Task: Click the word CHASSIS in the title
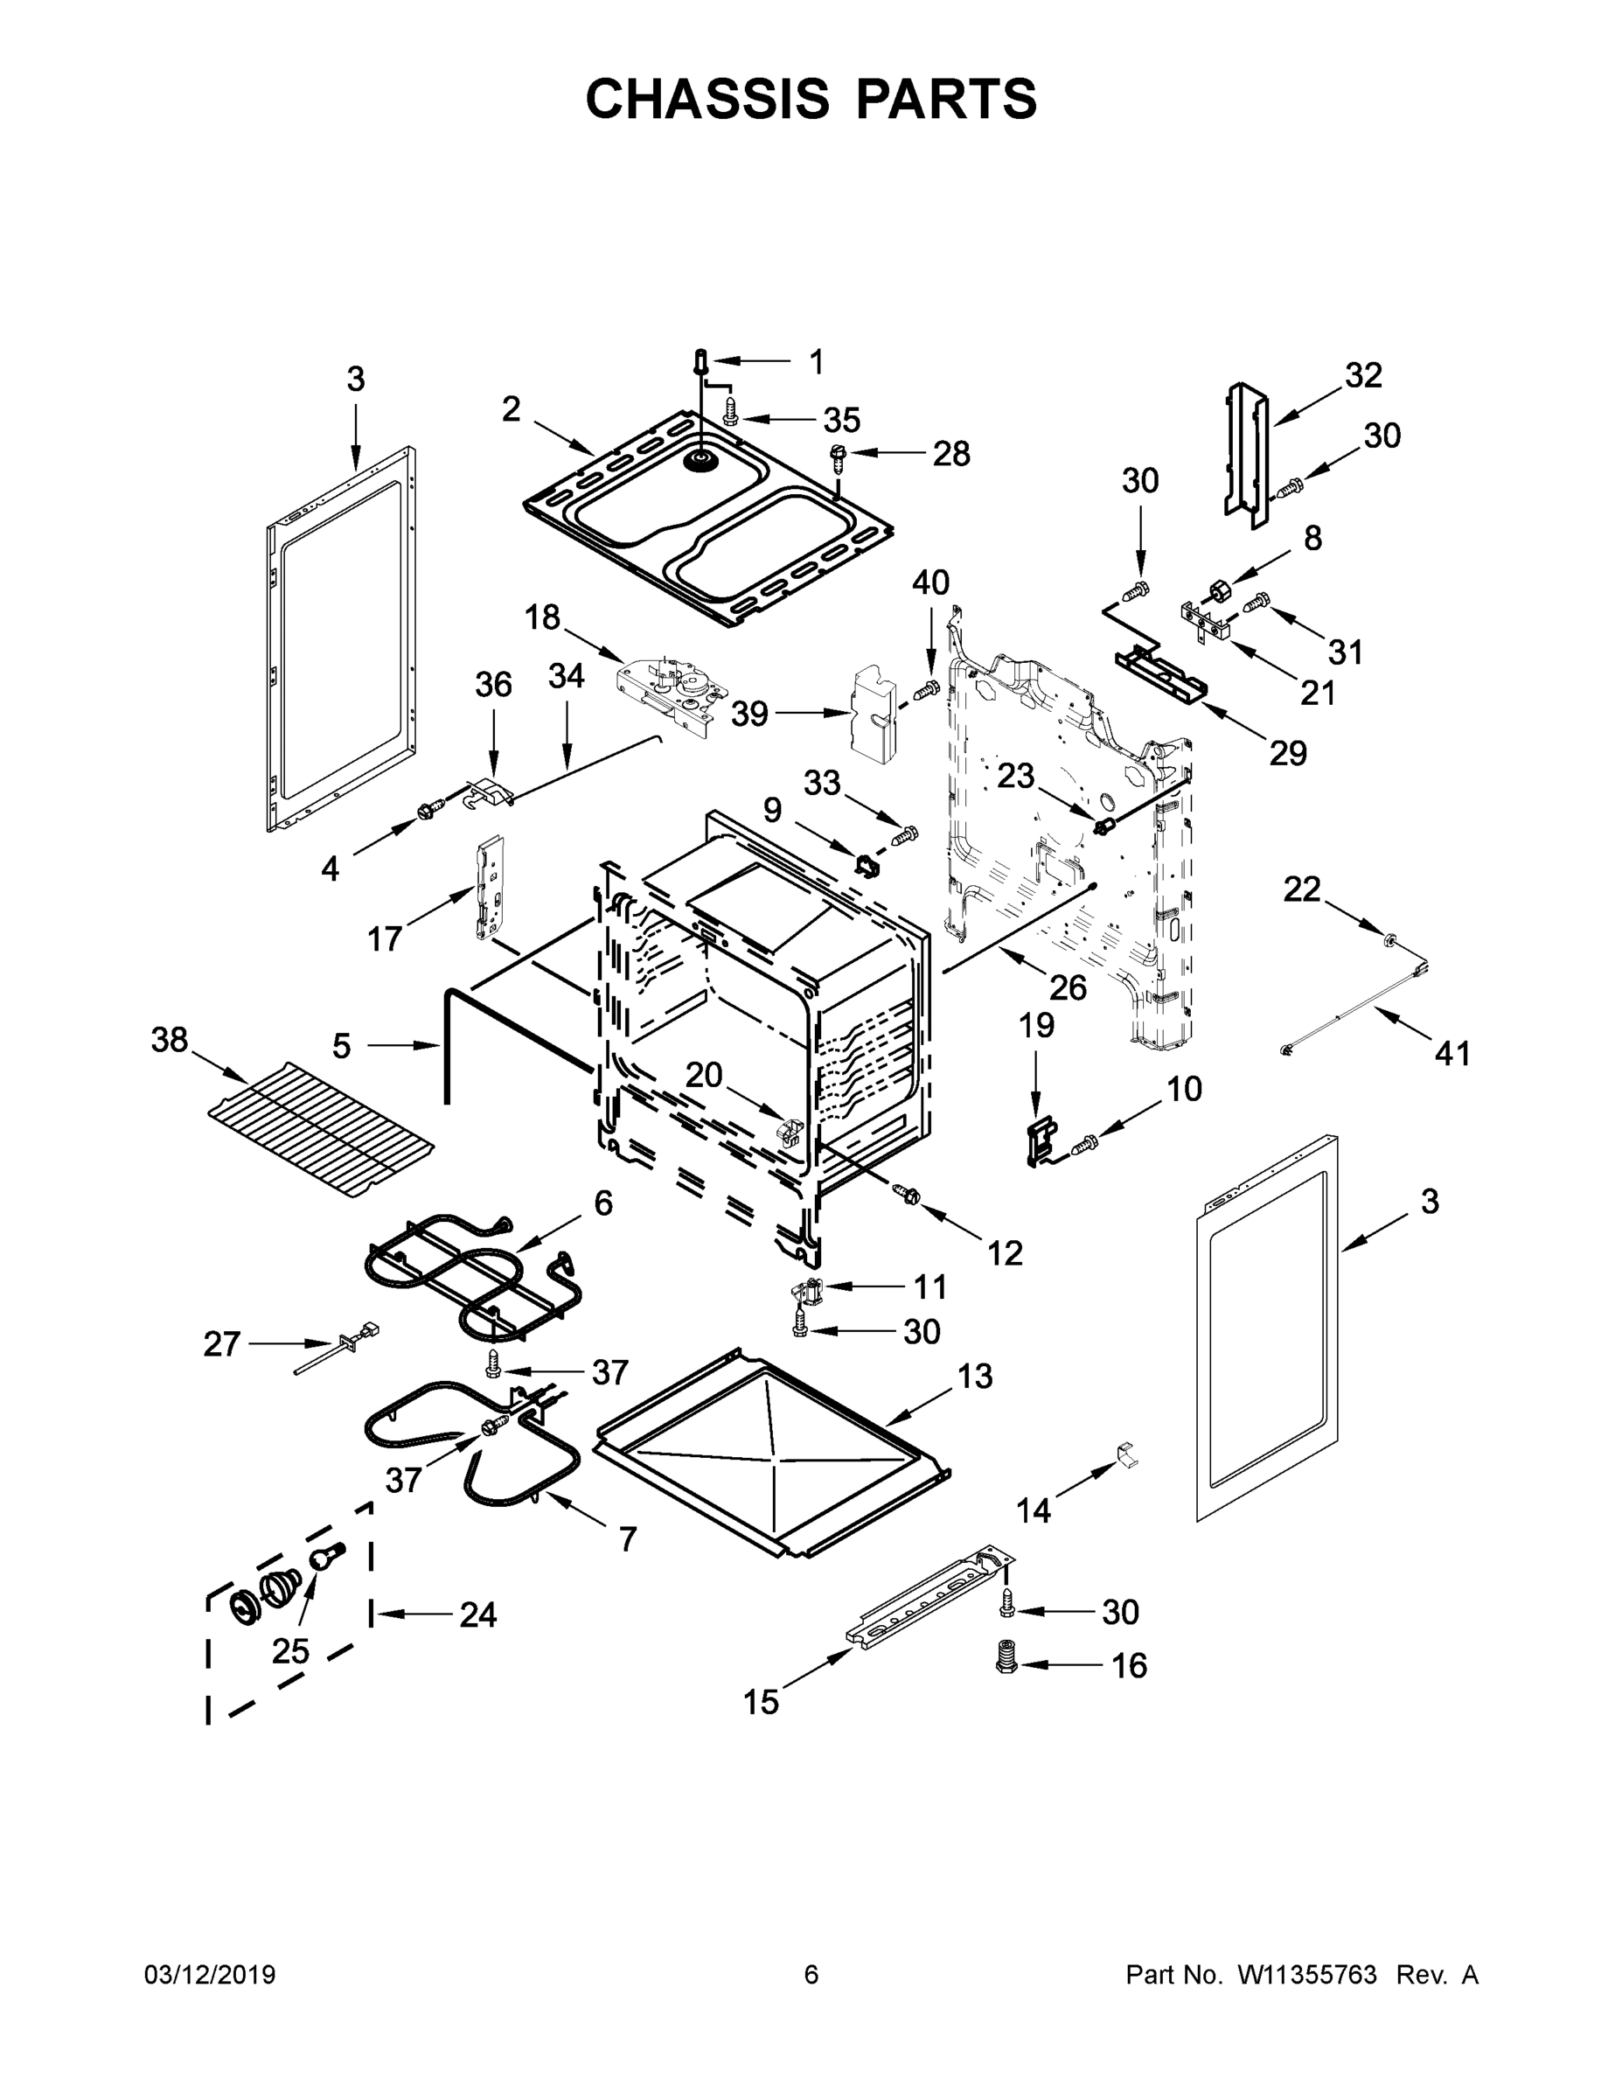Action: [707, 99]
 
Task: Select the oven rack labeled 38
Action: [320, 1130]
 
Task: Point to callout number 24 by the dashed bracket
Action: [477, 1614]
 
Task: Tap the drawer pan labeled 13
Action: [769, 1451]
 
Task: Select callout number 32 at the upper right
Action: [1362, 375]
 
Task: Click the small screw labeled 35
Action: [729, 415]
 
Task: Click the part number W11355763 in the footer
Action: [1307, 1975]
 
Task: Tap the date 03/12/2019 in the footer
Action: [210, 1975]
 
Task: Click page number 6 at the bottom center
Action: [811, 1975]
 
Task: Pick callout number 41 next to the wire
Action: [1451, 1053]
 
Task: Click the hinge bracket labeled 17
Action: [489, 886]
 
